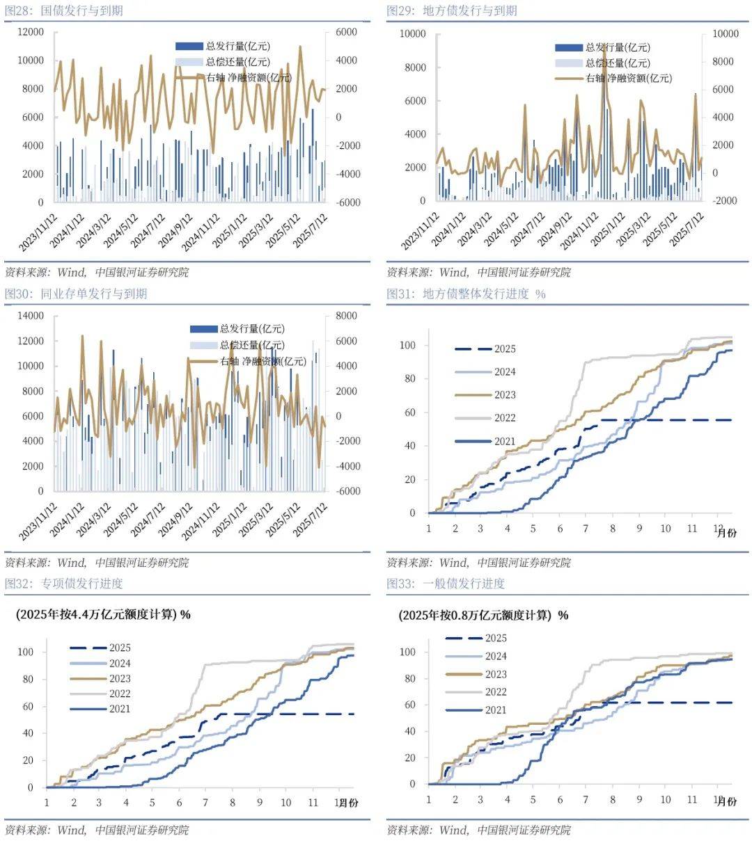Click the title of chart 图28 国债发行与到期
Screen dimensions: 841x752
tap(64, 10)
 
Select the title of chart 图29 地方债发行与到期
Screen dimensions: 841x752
tap(452, 10)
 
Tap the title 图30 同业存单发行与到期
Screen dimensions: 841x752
tap(76, 294)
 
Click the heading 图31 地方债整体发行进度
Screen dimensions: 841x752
tap(466, 294)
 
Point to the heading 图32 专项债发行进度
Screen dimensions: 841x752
tap(64, 583)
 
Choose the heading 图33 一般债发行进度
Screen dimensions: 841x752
tap(446, 583)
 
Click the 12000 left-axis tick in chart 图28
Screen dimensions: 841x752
tap(31, 32)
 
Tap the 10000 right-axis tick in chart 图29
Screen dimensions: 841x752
tap(725, 33)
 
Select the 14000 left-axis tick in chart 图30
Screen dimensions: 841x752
tap(31, 316)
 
